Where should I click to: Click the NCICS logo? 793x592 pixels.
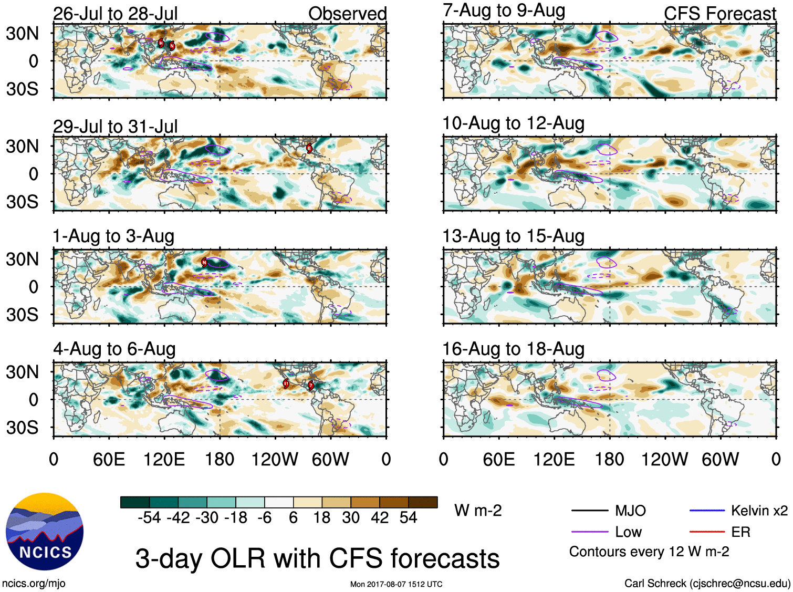coord(45,532)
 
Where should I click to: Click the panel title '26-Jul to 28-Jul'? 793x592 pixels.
coord(116,14)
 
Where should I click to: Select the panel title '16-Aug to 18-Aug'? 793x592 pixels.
coord(513,349)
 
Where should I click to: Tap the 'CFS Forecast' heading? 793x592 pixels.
coord(719,14)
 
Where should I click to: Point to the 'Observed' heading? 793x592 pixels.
coord(347,14)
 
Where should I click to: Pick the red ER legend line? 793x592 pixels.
coord(707,532)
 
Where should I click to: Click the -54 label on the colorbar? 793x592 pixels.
coord(149,518)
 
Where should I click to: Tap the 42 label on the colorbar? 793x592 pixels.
coord(380,518)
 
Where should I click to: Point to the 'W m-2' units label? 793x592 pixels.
coord(478,511)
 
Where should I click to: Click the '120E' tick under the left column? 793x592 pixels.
coord(164,460)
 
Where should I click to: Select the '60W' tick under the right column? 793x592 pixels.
coord(720,460)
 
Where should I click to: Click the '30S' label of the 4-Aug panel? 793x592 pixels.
coord(22,428)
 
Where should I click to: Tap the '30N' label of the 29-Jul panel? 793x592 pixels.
coord(22,146)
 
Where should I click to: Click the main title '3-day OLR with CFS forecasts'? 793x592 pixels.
coord(317,558)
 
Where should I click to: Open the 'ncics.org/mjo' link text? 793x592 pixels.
coord(34,583)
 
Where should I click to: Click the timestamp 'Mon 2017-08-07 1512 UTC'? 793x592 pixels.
coord(396,584)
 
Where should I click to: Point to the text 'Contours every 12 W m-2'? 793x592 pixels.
coord(649,552)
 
